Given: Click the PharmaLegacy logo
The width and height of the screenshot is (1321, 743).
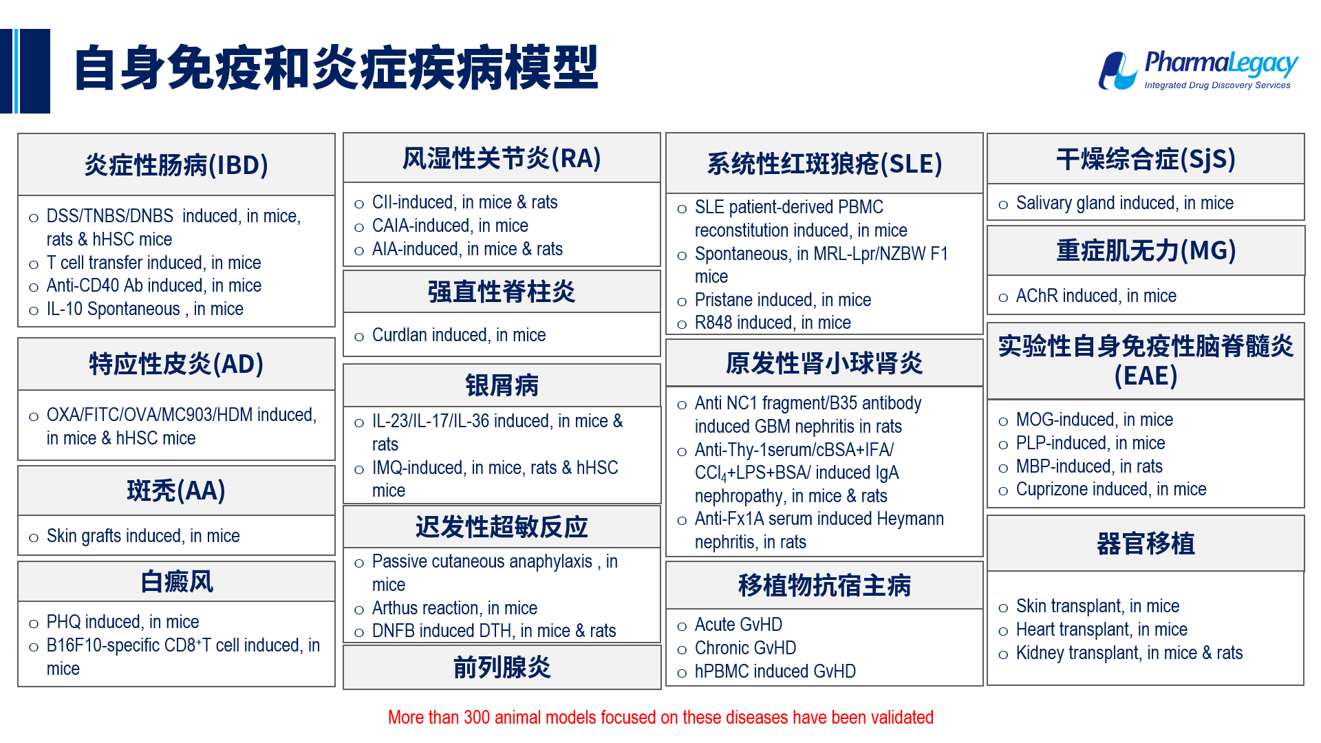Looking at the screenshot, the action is (1198, 70).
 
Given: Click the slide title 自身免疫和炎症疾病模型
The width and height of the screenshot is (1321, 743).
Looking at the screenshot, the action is (336, 68).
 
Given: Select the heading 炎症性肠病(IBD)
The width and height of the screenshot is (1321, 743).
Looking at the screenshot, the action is (176, 165).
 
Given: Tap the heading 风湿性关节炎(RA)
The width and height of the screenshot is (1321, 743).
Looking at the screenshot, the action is (502, 158).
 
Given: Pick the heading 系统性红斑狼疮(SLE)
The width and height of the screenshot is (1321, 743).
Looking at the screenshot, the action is (824, 164).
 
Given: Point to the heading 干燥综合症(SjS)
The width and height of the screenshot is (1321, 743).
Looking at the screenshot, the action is (1146, 159).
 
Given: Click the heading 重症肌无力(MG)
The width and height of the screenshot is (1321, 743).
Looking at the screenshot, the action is (1146, 250).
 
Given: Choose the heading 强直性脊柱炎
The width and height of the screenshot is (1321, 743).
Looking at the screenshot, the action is (502, 292).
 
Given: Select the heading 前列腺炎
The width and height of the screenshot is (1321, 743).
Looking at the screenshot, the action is (502, 667).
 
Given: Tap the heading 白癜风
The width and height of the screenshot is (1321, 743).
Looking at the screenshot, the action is (177, 581).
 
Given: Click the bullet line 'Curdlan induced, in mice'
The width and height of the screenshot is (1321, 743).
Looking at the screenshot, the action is (459, 335).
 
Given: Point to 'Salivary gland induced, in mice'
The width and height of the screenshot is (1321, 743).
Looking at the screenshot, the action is (1124, 203).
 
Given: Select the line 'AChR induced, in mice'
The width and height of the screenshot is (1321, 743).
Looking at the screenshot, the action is (1096, 296).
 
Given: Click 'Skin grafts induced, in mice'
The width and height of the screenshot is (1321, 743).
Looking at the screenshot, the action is (143, 536).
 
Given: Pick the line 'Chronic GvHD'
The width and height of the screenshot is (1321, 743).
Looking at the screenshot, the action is (745, 648).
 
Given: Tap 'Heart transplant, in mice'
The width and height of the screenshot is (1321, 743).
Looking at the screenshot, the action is (1102, 629).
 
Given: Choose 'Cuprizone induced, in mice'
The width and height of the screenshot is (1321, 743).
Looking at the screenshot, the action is (1111, 489).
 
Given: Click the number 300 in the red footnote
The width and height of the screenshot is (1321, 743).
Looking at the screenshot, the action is (477, 718).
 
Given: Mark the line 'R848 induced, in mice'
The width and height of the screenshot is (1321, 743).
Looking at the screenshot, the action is (773, 323).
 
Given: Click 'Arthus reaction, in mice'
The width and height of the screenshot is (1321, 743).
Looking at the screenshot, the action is (455, 608).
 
